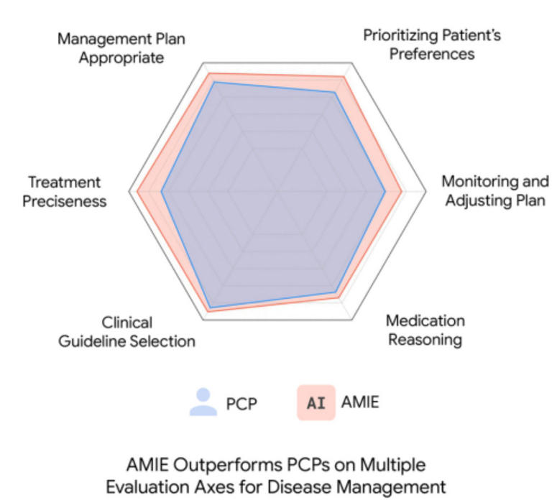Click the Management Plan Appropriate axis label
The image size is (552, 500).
[x=121, y=48]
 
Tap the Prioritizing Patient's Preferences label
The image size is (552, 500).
[x=432, y=45]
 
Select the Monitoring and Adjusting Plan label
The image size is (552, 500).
[x=495, y=190]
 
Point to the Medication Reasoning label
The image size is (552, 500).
[x=425, y=330]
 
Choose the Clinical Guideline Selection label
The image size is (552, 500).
[x=126, y=332]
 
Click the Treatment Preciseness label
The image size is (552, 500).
[x=65, y=192]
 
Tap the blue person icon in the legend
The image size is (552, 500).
[x=203, y=402]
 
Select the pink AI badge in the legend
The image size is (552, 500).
[x=316, y=402]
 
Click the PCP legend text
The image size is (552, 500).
[x=241, y=404]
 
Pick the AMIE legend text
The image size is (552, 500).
[x=360, y=402]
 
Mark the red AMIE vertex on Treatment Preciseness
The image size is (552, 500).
[x=137, y=192]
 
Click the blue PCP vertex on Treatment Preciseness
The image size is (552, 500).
[x=161, y=192]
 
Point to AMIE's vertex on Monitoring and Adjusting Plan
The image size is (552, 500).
[x=402, y=192]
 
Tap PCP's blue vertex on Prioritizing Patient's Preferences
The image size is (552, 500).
[x=335, y=93]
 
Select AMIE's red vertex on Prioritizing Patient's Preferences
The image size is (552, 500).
[x=344, y=77]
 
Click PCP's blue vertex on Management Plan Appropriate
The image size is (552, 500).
[x=214, y=83]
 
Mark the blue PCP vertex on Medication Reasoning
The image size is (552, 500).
[x=336, y=292]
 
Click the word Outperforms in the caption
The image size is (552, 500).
[x=229, y=466]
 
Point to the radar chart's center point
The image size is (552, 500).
[x=277, y=192]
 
